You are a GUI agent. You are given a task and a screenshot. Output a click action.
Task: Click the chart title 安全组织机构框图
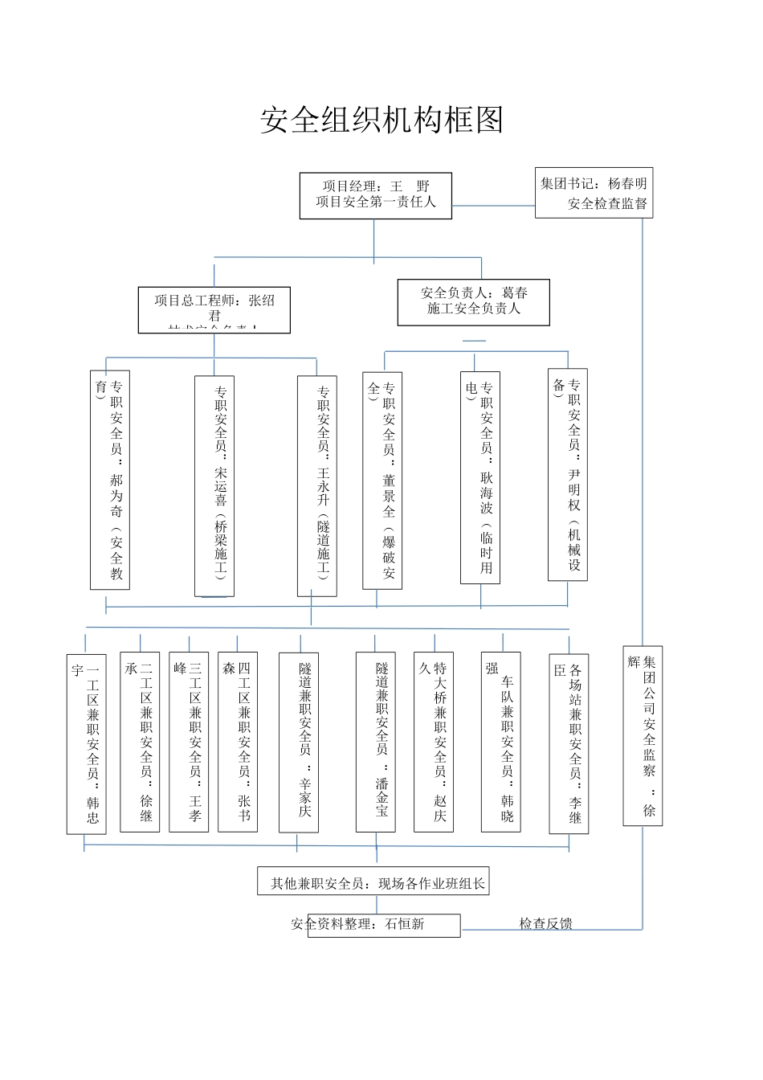(x=381, y=120)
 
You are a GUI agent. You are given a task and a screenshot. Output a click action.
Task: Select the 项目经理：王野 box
(x=376, y=195)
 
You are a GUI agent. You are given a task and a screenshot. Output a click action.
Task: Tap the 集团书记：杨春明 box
(x=594, y=193)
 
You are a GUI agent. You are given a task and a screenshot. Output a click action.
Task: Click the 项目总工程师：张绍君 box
(x=214, y=309)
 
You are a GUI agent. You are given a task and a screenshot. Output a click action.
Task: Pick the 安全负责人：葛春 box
(x=474, y=302)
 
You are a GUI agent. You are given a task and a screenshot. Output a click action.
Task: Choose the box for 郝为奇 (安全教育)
(x=110, y=480)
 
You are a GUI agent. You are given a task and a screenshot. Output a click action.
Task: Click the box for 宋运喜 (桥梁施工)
(x=214, y=485)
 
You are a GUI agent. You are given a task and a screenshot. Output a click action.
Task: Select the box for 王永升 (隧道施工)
(x=317, y=486)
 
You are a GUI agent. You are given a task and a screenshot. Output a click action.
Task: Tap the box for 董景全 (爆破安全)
(x=382, y=480)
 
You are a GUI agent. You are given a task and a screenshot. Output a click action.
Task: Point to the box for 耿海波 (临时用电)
(x=480, y=477)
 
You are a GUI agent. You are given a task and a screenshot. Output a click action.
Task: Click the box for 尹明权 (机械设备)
(x=568, y=474)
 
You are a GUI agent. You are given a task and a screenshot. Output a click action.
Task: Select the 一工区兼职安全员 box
(x=87, y=743)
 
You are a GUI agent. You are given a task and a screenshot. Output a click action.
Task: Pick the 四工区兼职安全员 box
(x=238, y=741)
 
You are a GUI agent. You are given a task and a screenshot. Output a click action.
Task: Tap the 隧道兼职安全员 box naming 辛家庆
(x=299, y=741)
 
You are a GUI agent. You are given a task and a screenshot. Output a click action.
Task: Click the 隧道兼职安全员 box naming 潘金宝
(x=376, y=741)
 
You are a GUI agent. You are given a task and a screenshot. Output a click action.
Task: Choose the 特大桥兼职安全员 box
(x=434, y=741)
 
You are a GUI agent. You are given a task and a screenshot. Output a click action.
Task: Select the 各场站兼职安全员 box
(x=569, y=743)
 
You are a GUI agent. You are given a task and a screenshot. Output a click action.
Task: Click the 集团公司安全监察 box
(x=643, y=735)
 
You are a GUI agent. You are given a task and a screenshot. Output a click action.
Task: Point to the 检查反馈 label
(x=545, y=924)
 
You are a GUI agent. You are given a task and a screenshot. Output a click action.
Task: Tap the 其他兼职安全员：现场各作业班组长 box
(x=373, y=882)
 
